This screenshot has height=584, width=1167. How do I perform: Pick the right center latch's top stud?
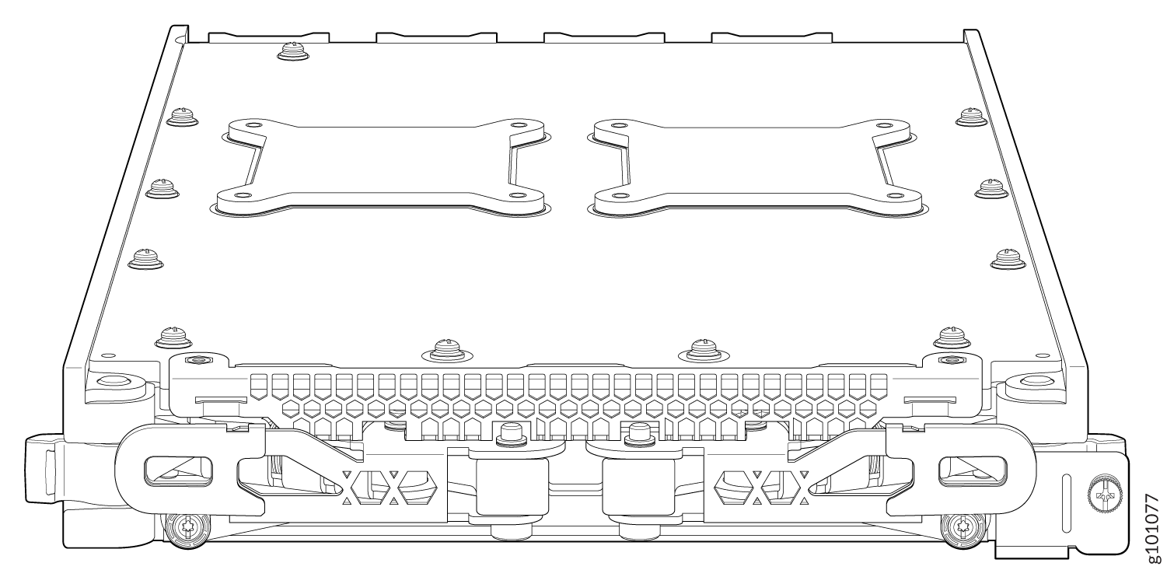tap(639, 432)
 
